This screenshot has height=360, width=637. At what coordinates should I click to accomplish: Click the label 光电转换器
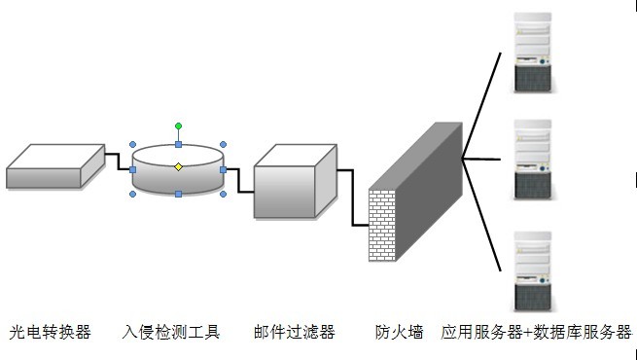(51, 333)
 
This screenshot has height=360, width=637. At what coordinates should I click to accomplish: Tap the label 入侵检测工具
(172, 333)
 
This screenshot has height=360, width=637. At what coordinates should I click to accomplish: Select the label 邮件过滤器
(294, 333)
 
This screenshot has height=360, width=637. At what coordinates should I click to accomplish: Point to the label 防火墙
(400, 333)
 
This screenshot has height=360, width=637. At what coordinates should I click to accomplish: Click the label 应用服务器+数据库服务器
(536, 333)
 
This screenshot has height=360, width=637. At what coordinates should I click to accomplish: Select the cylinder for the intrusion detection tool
(178, 177)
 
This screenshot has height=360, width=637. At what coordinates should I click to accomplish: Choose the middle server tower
(533, 160)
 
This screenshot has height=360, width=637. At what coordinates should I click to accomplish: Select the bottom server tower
(533, 270)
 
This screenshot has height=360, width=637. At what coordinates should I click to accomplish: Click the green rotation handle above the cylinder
(178, 126)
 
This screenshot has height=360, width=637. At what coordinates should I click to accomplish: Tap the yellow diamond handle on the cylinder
(178, 167)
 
